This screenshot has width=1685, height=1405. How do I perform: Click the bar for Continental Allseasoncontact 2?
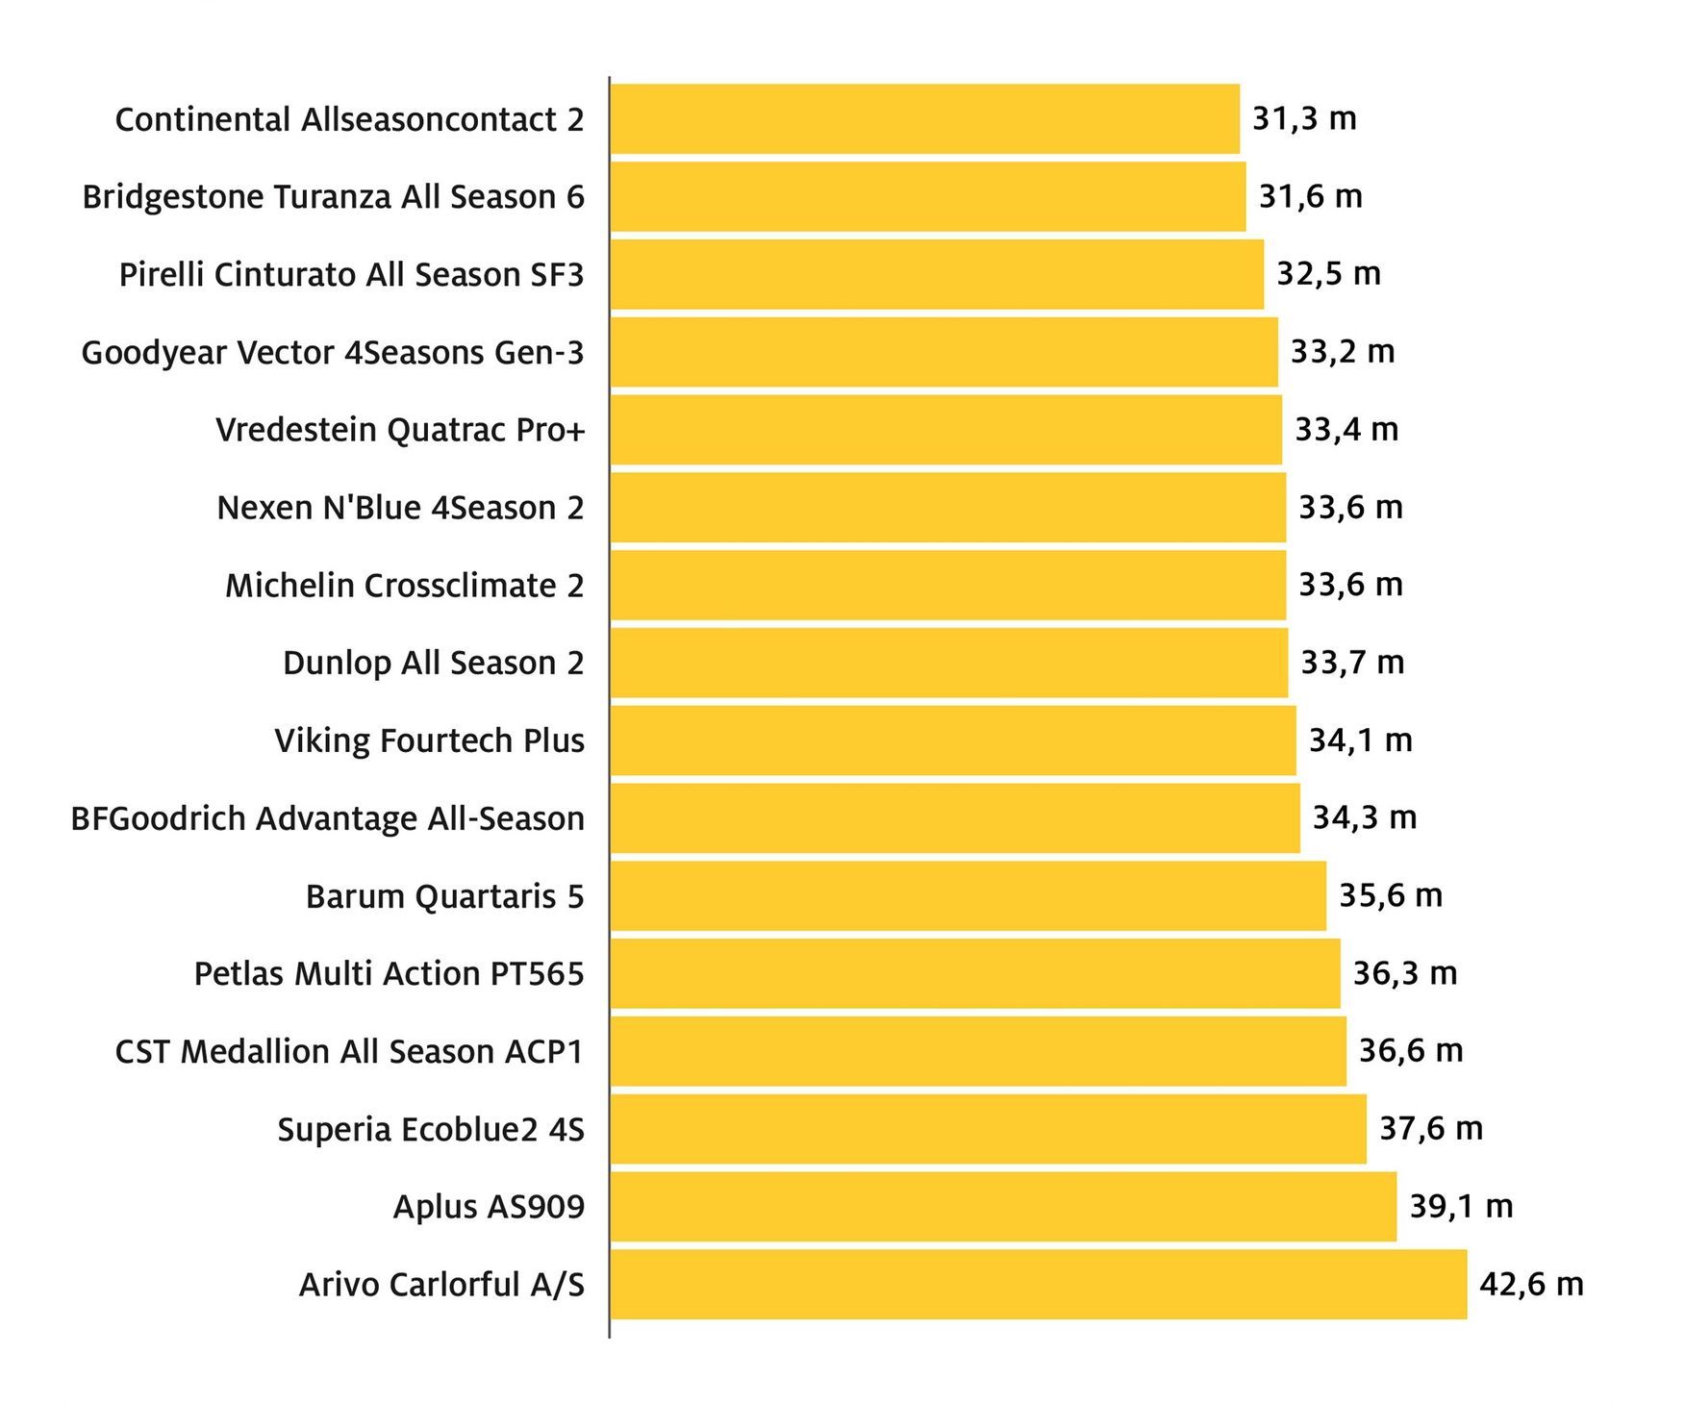click(x=925, y=119)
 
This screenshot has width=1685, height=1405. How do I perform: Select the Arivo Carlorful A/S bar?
click(x=1039, y=1284)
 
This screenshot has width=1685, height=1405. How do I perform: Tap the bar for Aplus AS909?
click(x=1003, y=1206)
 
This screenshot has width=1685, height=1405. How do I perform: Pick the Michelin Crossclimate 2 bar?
click(x=948, y=585)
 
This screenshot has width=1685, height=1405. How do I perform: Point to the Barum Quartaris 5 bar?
click(x=968, y=895)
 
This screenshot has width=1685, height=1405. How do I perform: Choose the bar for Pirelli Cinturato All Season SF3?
click(x=937, y=274)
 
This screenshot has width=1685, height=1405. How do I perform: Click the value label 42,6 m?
click(x=1531, y=1284)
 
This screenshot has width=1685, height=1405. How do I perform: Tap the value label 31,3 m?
click(x=1304, y=118)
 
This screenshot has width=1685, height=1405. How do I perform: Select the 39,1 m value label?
click(x=1461, y=1206)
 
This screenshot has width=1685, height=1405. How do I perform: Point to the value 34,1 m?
click(x=1360, y=740)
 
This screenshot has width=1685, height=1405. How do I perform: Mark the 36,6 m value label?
click(x=1410, y=1050)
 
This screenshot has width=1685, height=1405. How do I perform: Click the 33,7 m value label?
click(x=1352, y=663)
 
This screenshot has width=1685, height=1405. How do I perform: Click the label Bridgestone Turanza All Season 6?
click(x=333, y=197)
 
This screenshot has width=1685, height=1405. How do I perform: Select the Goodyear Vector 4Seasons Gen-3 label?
click(x=333, y=353)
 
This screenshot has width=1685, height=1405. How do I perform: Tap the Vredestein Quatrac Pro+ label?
click(x=400, y=430)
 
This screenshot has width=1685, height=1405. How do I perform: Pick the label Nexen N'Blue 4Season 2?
click(x=400, y=508)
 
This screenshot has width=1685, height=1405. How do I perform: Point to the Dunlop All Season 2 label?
click(x=433, y=664)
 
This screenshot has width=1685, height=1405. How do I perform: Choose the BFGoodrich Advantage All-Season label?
click(x=327, y=818)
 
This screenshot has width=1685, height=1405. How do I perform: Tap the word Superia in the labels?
click(x=334, y=1130)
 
